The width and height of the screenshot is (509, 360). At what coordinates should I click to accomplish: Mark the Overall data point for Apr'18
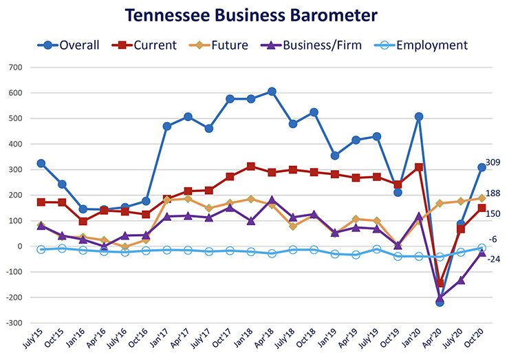(x=272, y=92)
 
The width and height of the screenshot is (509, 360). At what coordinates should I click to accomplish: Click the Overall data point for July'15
(x=41, y=164)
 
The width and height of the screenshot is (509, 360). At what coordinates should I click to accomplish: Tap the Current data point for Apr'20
(x=440, y=283)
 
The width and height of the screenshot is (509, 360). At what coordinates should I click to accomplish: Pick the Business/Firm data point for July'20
(x=461, y=280)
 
